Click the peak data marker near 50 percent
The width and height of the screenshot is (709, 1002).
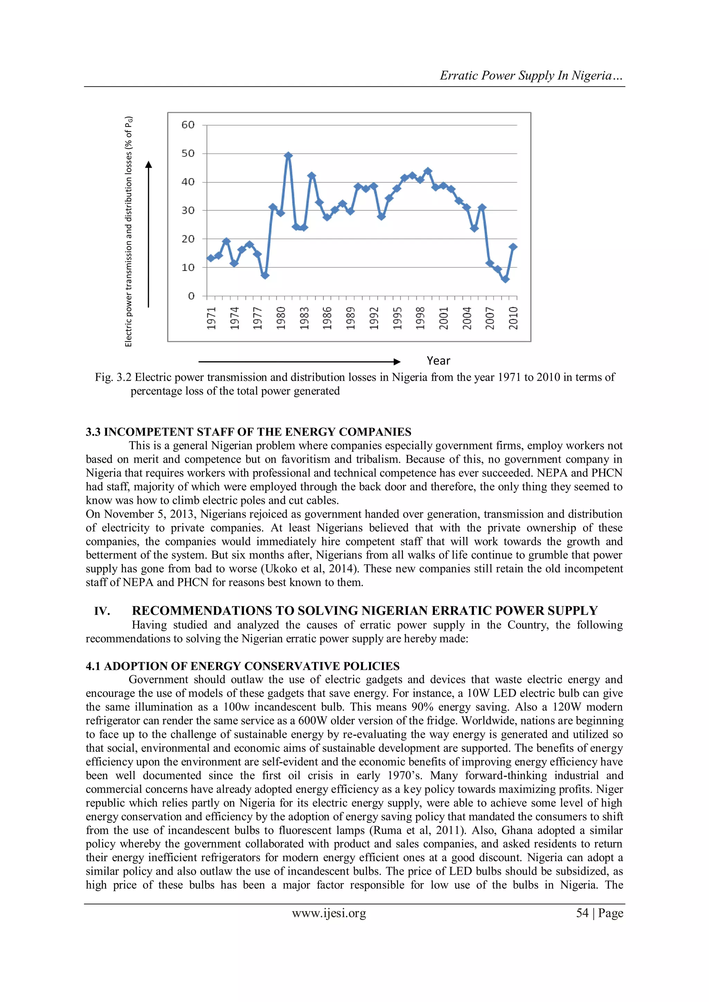288,155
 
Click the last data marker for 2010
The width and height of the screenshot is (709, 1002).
513,247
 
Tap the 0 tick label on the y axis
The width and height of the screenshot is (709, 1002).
191,296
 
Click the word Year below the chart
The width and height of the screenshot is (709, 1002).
438,361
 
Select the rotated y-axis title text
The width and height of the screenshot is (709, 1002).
128,231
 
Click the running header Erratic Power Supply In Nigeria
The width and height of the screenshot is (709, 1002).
531,75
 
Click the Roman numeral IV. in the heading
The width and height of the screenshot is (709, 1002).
102,611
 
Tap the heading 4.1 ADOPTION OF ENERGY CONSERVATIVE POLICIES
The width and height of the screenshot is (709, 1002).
242,666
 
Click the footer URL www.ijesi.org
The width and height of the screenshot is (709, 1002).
329,913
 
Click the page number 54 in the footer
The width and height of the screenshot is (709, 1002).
582,913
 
